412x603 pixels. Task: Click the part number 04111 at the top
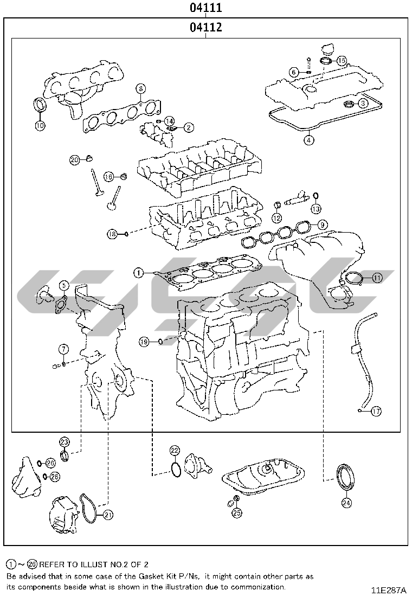tap(205, 7)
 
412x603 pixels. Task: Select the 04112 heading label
tap(205, 27)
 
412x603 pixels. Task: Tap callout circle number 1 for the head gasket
tap(139, 273)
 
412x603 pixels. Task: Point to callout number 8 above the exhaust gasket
tap(140, 89)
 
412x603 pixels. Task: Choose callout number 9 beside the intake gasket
tap(322, 224)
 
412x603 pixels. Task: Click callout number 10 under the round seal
tap(40, 125)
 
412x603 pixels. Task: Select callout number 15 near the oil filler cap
tap(342, 60)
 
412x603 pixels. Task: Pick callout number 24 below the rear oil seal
tap(346, 503)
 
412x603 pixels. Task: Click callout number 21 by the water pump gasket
tap(108, 515)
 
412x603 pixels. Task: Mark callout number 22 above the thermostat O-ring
tap(175, 450)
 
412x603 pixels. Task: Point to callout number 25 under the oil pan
tap(237, 512)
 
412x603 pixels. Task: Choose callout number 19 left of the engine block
tap(144, 342)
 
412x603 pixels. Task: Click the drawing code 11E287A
tap(389, 589)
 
